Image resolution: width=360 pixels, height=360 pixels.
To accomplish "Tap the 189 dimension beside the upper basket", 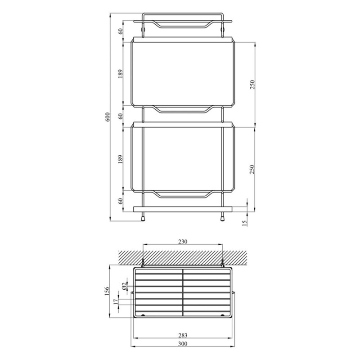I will (121, 74).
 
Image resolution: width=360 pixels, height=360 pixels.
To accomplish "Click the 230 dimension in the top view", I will (183, 242).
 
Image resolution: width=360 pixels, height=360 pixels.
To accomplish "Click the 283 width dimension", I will (183, 335).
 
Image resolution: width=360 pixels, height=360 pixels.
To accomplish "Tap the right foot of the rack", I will (222, 217).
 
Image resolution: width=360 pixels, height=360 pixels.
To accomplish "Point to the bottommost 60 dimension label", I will (121, 201).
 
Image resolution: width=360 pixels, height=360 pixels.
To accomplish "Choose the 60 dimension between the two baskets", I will (121, 116).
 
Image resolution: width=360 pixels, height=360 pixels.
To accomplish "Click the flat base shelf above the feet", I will (183, 209).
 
